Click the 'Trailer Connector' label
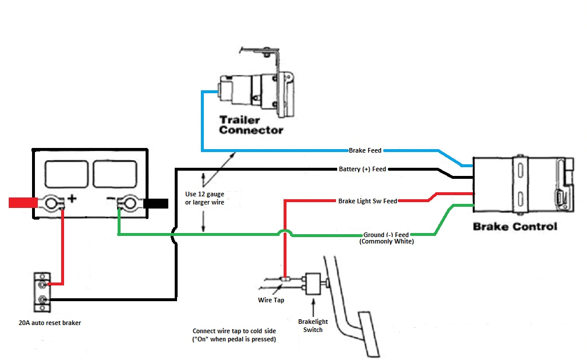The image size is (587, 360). point(251,125)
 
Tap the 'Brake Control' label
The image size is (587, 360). point(515,227)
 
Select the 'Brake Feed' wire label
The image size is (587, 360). point(365,150)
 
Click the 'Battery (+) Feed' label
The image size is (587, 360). point(362,170)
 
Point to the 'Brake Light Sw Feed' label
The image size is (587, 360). point(367,201)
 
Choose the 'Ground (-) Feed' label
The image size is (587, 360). point(386,235)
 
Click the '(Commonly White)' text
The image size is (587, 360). point(387,241)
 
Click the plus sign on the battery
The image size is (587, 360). point(72,199)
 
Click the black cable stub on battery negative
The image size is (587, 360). point(155,204)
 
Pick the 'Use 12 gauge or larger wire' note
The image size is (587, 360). point(204,198)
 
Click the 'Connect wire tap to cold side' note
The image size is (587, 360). point(234,335)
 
